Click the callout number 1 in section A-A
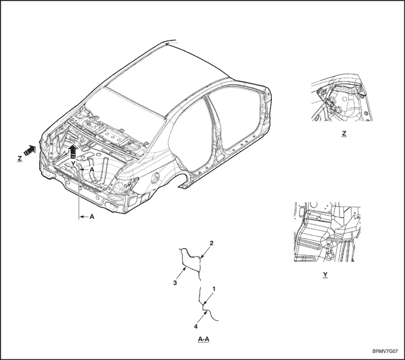214,288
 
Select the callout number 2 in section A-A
212,243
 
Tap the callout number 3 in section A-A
175,283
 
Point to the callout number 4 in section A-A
196,326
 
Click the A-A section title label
204,339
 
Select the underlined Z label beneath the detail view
344,134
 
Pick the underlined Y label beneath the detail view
325,275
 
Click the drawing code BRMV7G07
385,351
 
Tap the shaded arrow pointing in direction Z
29,150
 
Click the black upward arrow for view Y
73,151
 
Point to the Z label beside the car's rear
20,159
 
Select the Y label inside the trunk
73,164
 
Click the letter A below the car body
91,217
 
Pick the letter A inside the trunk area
91,170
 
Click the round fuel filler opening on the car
156,177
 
